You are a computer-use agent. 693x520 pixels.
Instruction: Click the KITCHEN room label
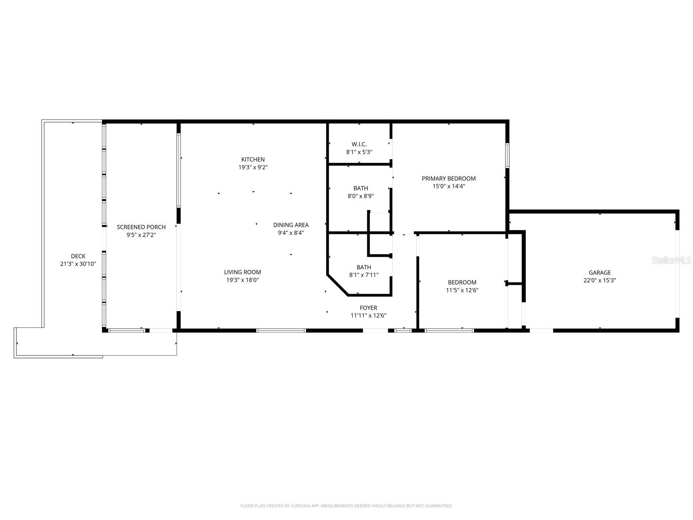tap(253, 159)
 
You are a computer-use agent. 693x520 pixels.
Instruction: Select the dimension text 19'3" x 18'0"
tap(243, 280)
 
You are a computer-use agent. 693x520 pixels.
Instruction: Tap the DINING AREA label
tap(291, 225)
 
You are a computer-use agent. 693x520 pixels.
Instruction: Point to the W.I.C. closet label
tap(359, 144)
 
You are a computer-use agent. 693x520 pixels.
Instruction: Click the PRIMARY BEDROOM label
tap(449, 179)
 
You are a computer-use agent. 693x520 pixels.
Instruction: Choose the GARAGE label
tap(599, 273)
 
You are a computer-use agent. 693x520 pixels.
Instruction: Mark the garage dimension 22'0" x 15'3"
tap(599, 280)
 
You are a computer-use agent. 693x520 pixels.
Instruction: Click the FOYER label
tap(368, 308)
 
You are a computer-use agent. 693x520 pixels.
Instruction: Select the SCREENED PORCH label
tap(141, 227)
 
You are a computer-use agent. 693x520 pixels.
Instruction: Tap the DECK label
tap(78, 256)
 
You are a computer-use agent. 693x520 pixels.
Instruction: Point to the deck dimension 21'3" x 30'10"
tap(78, 264)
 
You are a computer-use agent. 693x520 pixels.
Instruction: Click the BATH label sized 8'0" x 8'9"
tap(361, 188)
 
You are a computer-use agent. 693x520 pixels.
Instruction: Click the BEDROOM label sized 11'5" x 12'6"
tap(462, 283)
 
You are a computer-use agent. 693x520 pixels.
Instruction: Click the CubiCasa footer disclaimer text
tap(346, 506)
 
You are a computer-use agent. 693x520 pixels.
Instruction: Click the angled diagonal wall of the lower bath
tap(338, 285)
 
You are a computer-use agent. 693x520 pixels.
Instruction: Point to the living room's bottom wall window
tap(281, 331)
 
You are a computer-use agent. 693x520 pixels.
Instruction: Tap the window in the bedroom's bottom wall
tap(449, 331)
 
